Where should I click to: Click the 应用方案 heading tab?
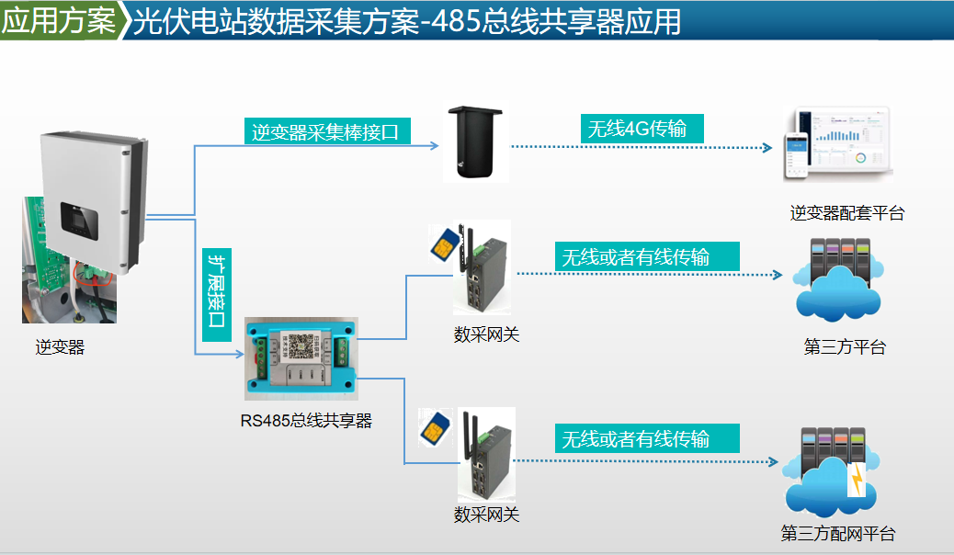[x=59, y=20]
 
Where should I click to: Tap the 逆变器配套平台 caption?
[x=847, y=213]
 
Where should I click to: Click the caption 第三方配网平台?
[x=837, y=534]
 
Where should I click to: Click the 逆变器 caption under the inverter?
[x=61, y=347]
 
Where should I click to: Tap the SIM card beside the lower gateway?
[x=432, y=426]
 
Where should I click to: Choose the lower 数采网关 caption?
[x=486, y=515]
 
